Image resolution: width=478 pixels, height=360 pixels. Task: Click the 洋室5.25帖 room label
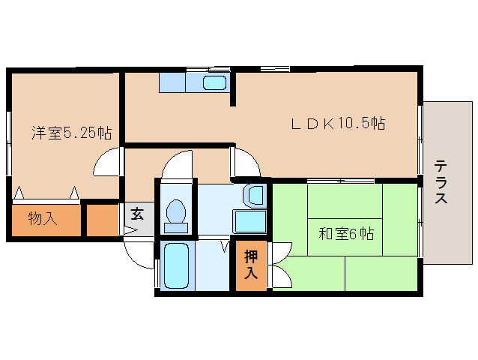point(71,133)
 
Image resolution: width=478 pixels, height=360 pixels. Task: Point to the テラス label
point(441,183)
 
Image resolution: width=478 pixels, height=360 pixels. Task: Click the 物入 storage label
point(42,219)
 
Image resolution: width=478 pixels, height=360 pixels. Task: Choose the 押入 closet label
point(251,264)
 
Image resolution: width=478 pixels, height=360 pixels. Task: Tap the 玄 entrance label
point(137,214)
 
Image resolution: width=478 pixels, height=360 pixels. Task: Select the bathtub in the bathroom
point(176,267)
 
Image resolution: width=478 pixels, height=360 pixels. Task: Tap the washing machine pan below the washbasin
point(249,222)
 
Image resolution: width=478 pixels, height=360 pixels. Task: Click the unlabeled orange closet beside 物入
point(103,220)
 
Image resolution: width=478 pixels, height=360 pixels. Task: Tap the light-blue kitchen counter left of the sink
point(172,82)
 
